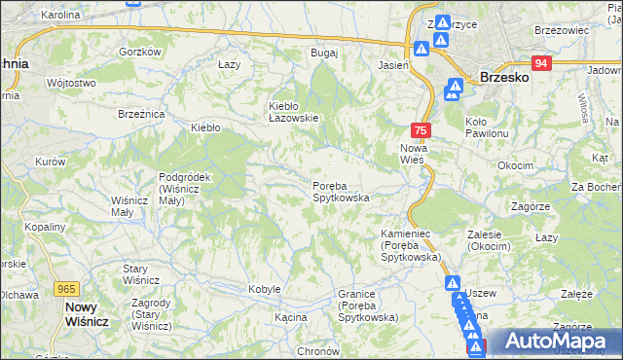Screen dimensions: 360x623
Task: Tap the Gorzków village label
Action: pyautogui.click(x=138, y=52)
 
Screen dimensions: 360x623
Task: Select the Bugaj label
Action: pyautogui.click(x=323, y=52)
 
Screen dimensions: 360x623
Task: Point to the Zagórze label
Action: pyautogui.click(x=531, y=206)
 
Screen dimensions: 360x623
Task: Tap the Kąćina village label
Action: pyautogui.click(x=290, y=317)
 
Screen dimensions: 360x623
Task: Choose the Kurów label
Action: pyautogui.click(x=50, y=162)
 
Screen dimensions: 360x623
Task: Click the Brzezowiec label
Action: pyautogui.click(x=563, y=30)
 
